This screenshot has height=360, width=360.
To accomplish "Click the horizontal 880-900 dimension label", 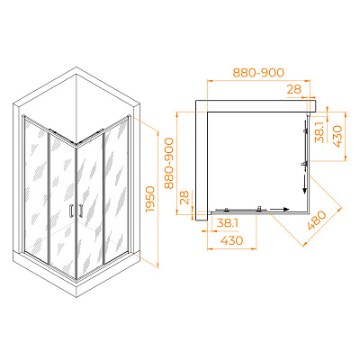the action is [x=258, y=73].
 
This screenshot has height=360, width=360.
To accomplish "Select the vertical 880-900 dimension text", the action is [x=169, y=163].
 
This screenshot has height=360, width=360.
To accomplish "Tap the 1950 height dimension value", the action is [x=149, y=200].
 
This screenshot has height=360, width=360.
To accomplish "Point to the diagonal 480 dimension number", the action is [x=317, y=220].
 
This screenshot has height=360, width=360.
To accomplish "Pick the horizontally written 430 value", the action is [x=231, y=240].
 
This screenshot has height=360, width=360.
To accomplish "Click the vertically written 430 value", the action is [x=337, y=137].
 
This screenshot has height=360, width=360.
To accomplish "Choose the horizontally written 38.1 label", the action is [x=227, y=223].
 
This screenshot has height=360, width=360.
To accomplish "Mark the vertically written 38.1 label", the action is [x=320, y=132].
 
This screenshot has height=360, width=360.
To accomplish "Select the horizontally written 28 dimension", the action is [x=293, y=89].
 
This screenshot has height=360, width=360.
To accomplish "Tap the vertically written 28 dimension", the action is [x=185, y=198].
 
